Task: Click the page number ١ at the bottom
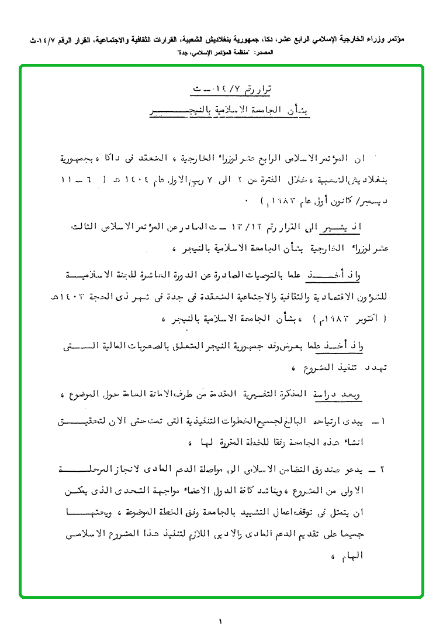[x=221, y=621]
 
